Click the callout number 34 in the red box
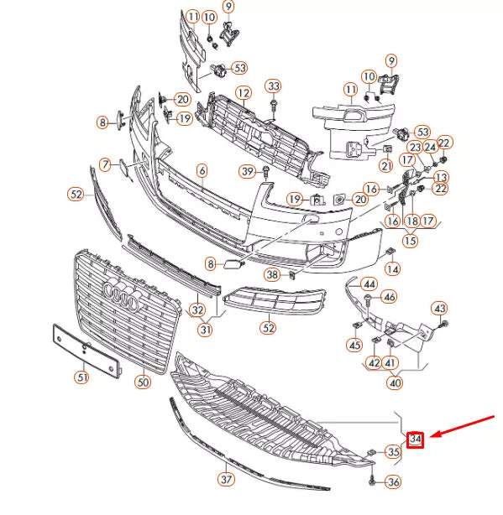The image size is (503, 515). click(x=416, y=439)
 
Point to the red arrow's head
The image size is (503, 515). click(x=430, y=436)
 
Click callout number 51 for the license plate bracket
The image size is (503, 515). click(x=81, y=377)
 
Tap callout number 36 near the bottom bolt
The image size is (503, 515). click(x=393, y=482)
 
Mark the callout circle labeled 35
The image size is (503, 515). click(x=393, y=453)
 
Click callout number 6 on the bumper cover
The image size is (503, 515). click(x=202, y=170)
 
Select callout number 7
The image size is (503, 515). click(x=105, y=164)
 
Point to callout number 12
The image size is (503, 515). click(x=243, y=93)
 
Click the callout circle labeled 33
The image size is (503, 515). click(x=274, y=86)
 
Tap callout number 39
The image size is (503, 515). click(x=247, y=172)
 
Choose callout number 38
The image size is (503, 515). click(x=272, y=274)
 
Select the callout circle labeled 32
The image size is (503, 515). click(x=197, y=310)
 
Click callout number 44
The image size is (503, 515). click(x=369, y=284)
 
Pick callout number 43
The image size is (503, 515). click(x=440, y=309)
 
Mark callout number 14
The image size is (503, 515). click(x=392, y=269)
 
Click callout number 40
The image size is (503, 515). click(x=394, y=382)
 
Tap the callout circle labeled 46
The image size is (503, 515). click(x=389, y=297)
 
